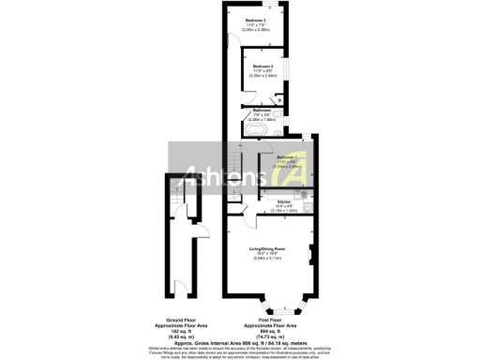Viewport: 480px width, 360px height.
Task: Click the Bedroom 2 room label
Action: point(254,20)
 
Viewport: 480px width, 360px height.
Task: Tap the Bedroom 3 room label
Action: point(262,67)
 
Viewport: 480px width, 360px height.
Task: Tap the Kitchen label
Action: point(282,201)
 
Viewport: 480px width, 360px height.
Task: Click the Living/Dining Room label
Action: point(267,247)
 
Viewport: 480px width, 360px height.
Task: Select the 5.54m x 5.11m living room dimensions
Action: point(267,258)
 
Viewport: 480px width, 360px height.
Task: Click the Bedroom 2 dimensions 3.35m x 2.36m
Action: point(254,30)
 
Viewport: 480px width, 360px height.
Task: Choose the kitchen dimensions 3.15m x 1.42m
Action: point(282,212)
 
